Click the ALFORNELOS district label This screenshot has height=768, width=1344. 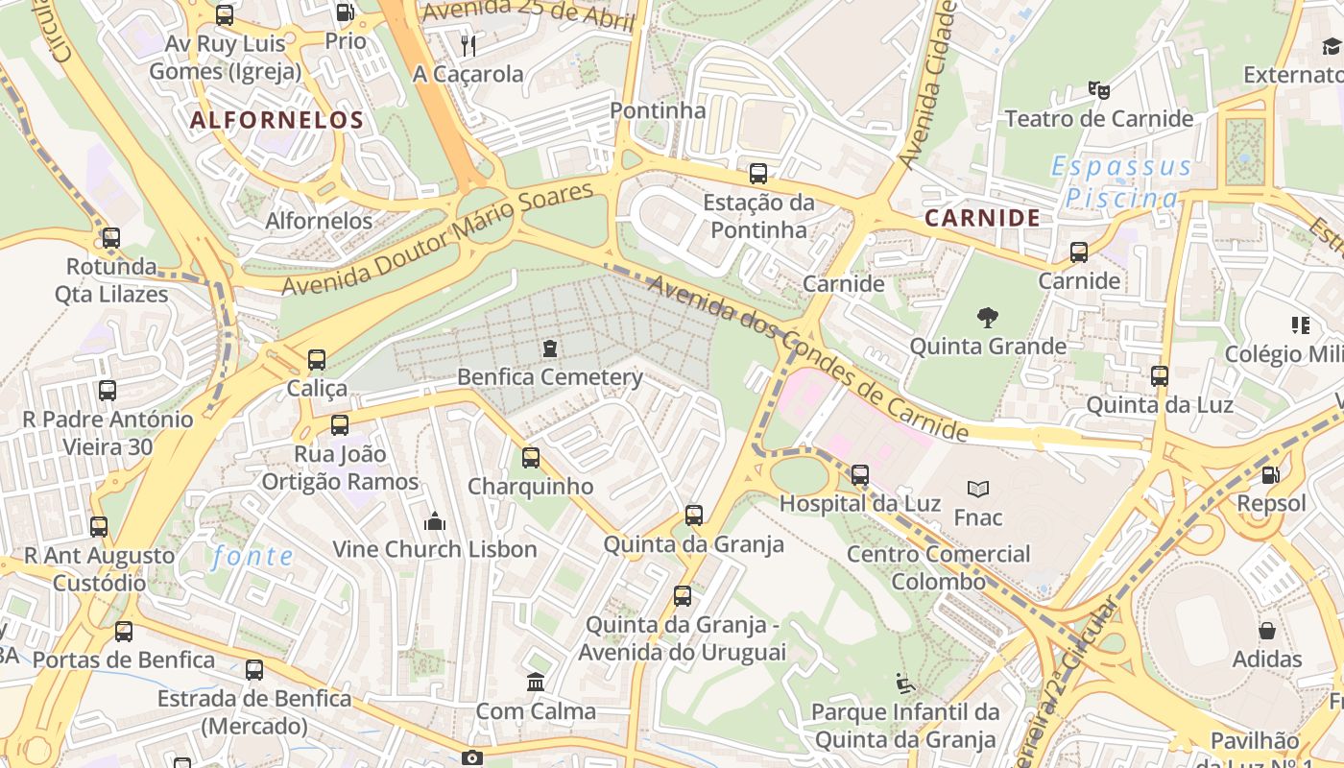click(276, 120)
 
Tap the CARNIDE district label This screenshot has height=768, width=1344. click(982, 218)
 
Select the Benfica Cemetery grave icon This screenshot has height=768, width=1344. click(549, 348)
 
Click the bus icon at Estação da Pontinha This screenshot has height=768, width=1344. click(757, 174)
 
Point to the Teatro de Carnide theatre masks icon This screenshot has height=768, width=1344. click(1098, 90)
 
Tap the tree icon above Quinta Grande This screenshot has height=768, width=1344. click(987, 318)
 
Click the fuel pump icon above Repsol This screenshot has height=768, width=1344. click(1270, 474)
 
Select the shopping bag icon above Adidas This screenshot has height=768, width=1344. click(1267, 631)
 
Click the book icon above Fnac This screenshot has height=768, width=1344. click(977, 489)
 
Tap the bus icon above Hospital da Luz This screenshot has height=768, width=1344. click(859, 474)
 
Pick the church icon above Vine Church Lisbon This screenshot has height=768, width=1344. click(434, 521)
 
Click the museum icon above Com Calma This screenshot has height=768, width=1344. click(536, 683)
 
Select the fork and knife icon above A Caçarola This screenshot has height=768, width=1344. click(468, 45)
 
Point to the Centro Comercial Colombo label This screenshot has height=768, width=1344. click(938, 567)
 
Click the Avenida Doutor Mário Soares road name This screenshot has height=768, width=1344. click(438, 238)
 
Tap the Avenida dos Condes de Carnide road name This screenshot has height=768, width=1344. click(806, 357)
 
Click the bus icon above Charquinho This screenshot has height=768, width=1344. click(530, 458)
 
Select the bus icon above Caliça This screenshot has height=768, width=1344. click(317, 360)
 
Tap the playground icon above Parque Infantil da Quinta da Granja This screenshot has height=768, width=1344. click(904, 684)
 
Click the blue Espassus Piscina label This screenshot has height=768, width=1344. click(1121, 182)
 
